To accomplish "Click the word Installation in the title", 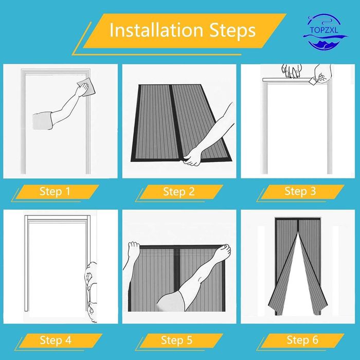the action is click(x=156, y=30).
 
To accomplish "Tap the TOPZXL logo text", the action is click(x=324, y=30).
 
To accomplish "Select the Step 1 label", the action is click(x=55, y=191).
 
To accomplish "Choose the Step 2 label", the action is click(x=179, y=191).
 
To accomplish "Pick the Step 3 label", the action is click(x=300, y=191).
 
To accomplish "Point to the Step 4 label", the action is click(x=56, y=340).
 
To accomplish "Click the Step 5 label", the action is click(x=176, y=340).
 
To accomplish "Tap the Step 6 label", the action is click(x=302, y=340).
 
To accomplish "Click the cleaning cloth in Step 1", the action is click(x=86, y=87).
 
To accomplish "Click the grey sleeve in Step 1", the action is click(x=43, y=121).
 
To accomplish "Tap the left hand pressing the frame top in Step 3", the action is click(x=292, y=71).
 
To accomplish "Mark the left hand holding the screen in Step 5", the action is click(x=134, y=249).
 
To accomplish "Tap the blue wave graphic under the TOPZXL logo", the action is click(x=326, y=40).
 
